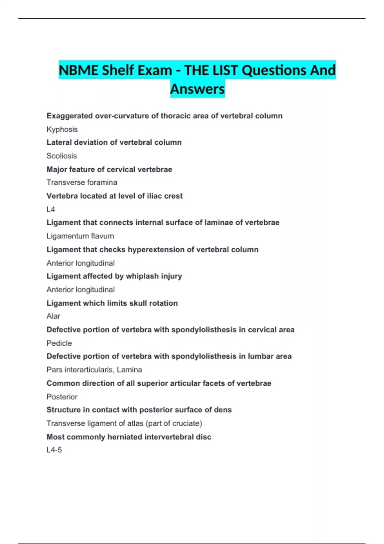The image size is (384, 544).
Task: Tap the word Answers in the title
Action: tap(197, 89)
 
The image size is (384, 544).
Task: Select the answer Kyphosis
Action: tap(62, 129)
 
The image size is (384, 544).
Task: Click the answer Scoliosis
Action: tap(62, 156)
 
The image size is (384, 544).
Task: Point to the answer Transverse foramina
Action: tap(82, 182)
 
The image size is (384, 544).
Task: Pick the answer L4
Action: tap(51, 209)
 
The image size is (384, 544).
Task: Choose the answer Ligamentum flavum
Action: tap(80, 236)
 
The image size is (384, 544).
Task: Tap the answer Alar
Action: tap(53, 316)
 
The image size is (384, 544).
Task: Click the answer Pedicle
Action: tap(59, 343)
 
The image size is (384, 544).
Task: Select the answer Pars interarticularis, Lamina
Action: tap(94, 370)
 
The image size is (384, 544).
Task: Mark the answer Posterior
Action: tap(62, 397)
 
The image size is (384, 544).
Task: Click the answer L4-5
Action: tap(54, 450)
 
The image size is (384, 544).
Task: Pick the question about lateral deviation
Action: tap(114, 142)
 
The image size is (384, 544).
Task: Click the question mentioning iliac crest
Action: tap(115, 196)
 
